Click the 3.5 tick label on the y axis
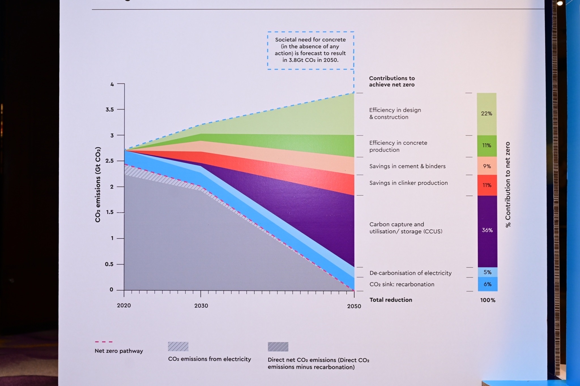click(x=110, y=110)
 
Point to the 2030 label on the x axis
click(x=201, y=306)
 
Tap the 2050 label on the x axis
click(x=354, y=306)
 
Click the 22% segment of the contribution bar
click(x=487, y=113)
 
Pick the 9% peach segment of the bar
click(x=487, y=166)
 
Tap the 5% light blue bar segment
click(x=487, y=272)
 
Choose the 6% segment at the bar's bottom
click(x=487, y=284)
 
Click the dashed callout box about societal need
click(x=310, y=50)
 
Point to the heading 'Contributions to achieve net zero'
click(x=392, y=81)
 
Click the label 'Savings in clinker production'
click(x=408, y=183)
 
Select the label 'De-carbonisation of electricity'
click(x=410, y=273)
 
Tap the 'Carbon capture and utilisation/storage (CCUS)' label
click(x=406, y=228)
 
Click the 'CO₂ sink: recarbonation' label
click(x=402, y=284)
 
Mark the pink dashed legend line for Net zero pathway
click(x=104, y=342)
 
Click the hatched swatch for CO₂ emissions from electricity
click(x=178, y=346)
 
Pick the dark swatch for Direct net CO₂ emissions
click(x=278, y=347)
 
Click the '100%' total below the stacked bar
click(x=488, y=300)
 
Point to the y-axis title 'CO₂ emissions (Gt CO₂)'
click(x=98, y=185)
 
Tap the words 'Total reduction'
click(x=391, y=300)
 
